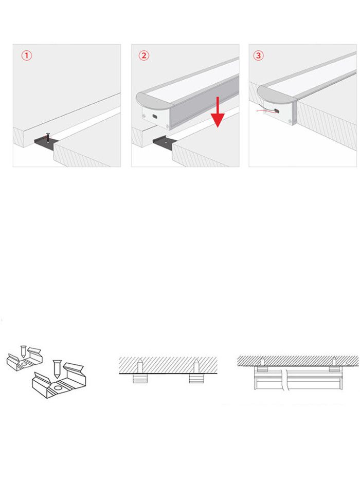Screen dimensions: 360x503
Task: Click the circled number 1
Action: pyautogui.click(x=27, y=55)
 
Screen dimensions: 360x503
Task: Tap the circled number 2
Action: pyautogui.click(x=144, y=55)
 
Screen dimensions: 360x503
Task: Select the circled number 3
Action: pyautogui.click(x=259, y=55)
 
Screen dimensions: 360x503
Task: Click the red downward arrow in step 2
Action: pyautogui.click(x=218, y=113)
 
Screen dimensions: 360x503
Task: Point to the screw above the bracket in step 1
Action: pyautogui.click(x=48, y=138)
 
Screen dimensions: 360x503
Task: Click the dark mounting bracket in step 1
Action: pyautogui.click(x=45, y=143)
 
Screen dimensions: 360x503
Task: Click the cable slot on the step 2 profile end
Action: pyautogui.click(x=155, y=117)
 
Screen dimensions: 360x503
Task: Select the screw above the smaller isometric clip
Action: pyautogui.click(x=24, y=352)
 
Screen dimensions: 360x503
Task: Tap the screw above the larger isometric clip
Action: pyautogui.click(x=57, y=369)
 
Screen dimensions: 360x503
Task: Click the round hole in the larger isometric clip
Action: pyautogui.click(x=59, y=388)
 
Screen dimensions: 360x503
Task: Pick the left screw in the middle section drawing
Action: pyautogui.click(x=140, y=366)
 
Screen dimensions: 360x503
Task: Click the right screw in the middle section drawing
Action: pyautogui.click(x=196, y=366)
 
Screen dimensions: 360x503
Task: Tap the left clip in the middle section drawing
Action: pyautogui.click(x=140, y=378)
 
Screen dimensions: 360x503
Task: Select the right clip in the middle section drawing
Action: pyautogui.click(x=196, y=378)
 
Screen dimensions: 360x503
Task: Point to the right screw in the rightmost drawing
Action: pyautogui.click(x=334, y=361)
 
